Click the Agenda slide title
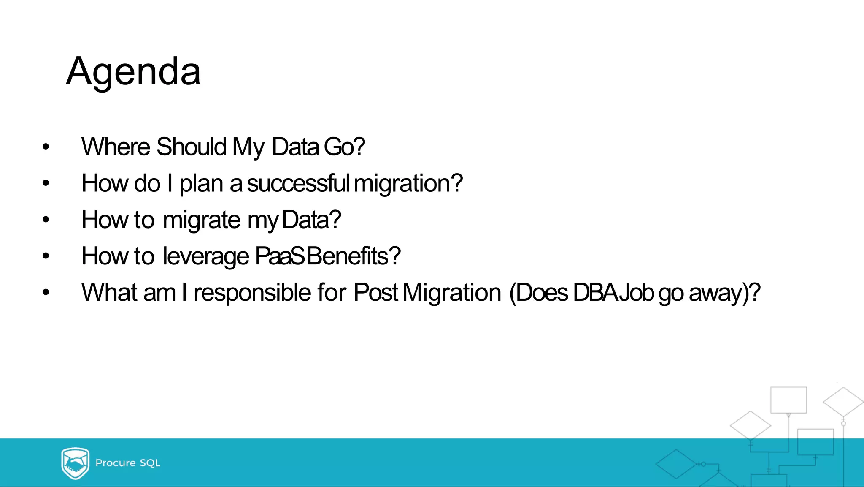pyautogui.click(x=133, y=72)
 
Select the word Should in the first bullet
pyautogui.click(x=192, y=147)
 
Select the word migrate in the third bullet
pyautogui.click(x=202, y=220)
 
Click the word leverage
pyautogui.click(x=206, y=257)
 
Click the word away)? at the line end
pyautogui.click(x=725, y=293)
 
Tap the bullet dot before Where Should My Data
pyautogui.click(x=46, y=147)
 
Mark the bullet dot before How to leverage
pyautogui.click(x=46, y=256)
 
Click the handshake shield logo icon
pyautogui.click(x=75, y=463)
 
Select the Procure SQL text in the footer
pyautogui.click(x=128, y=463)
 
